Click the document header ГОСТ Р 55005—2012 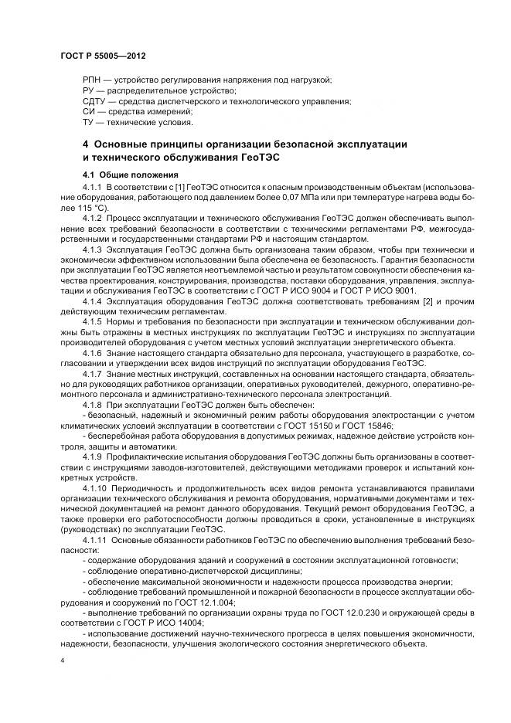pos(102,58)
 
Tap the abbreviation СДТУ pos(94,101)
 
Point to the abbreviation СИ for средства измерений pos(88,112)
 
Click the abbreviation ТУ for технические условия pos(88,122)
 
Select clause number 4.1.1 pos(92,188)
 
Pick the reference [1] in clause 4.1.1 pos(171,188)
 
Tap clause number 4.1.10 pos(94,488)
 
